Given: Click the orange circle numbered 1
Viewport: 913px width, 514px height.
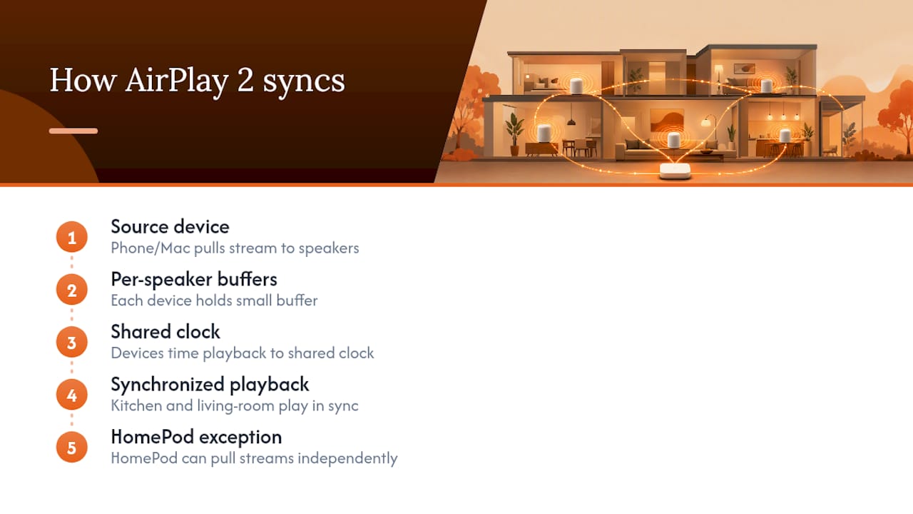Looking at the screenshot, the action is tap(72, 237).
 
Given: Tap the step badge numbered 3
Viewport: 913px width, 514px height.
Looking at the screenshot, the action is tap(72, 342).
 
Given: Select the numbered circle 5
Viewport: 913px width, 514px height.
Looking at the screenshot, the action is tap(72, 448).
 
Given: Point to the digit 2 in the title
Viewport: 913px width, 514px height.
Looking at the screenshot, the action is tap(245, 81).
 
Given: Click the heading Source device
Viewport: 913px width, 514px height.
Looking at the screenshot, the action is tap(170, 227).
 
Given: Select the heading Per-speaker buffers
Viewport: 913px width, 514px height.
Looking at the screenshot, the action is tap(194, 280).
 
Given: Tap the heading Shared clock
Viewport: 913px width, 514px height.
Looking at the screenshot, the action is tap(165, 332).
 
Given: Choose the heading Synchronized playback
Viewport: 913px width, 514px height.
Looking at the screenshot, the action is tap(210, 385).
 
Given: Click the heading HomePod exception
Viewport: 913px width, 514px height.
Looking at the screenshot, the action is tap(196, 437).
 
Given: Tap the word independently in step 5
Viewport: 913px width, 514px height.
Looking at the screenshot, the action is tap(347, 458).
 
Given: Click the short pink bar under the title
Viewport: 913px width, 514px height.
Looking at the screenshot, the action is tap(73, 131).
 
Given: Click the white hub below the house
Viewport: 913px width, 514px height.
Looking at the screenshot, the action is tap(675, 170).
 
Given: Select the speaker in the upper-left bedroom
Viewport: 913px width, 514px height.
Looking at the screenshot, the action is tap(576, 86).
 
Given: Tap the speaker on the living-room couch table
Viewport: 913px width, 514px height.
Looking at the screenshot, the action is tap(674, 140).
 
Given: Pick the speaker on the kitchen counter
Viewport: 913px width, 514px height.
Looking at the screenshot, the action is tap(785, 135).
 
